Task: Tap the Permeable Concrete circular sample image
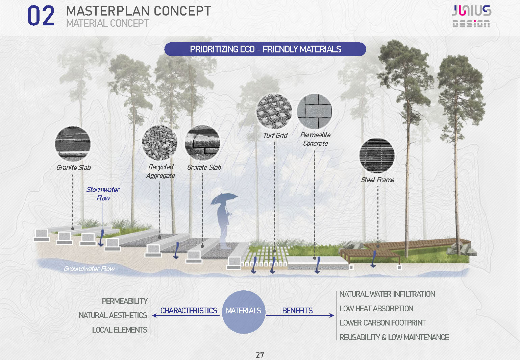[315, 111]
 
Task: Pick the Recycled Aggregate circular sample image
[159, 143]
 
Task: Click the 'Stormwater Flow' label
[103, 194]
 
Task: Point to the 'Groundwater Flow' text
[89, 269]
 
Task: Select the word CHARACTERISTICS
[189, 311]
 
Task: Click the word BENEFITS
[297, 311]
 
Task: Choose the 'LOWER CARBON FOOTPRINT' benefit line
[382, 323]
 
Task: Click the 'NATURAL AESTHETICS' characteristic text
[113, 315]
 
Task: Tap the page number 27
[260, 355]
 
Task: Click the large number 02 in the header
[41, 16]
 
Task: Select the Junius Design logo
[471, 16]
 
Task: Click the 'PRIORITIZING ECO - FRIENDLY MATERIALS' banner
[265, 49]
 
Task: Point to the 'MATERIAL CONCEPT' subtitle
[107, 23]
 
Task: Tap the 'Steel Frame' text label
[377, 180]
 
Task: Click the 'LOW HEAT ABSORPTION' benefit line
[376, 309]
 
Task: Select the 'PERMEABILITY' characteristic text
[125, 301]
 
